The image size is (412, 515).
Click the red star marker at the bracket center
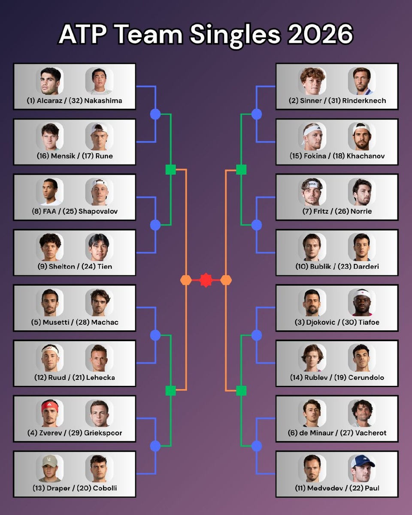(x=206, y=280)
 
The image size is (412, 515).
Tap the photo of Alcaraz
(x=50, y=81)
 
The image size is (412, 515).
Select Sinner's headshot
(x=312, y=81)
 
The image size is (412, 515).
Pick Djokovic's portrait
(x=312, y=302)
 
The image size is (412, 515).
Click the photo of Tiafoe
(x=362, y=302)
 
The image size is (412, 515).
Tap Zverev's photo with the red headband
(x=50, y=413)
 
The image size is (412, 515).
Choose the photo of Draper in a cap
(x=50, y=468)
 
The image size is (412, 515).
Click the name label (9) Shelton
(x=51, y=267)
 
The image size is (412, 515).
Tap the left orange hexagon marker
(x=186, y=280)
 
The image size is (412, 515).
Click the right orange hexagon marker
(x=226, y=280)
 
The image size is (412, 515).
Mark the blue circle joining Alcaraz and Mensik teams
(x=155, y=114)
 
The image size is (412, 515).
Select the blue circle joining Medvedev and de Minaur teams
(x=257, y=446)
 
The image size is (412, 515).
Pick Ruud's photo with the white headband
(x=50, y=357)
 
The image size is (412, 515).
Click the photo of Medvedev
(x=312, y=468)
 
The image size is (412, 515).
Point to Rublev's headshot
(x=312, y=357)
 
